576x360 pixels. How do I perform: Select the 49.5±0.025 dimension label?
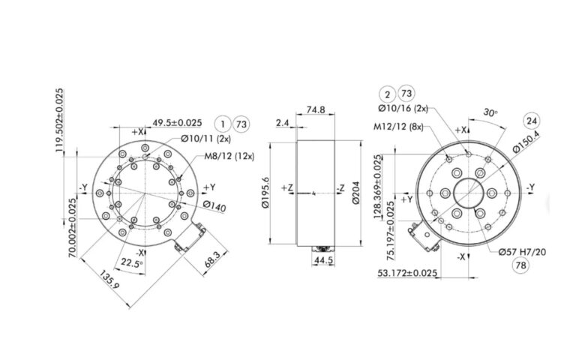coord(178,122)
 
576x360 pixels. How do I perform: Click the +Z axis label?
coord(287,187)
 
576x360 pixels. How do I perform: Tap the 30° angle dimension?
coord(491,112)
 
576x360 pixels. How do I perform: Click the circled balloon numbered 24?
coord(531,120)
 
